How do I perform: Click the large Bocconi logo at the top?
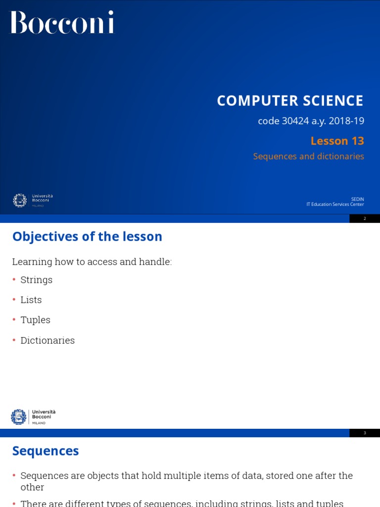pos(62,22)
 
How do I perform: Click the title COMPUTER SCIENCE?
pos(290,101)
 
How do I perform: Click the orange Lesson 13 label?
pos(337,141)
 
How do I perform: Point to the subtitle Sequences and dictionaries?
pos(308,156)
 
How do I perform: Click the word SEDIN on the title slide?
pos(357,199)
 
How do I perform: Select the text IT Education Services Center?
pos(335,204)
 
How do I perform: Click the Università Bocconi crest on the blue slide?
pos(20,200)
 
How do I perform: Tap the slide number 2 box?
pos(365,218)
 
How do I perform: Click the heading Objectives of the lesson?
pos(87,237)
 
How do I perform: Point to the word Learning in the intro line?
pos(31,262)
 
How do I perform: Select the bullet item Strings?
pos(36,280)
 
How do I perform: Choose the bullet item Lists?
pos(31,300)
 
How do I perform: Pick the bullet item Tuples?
pos(35,320)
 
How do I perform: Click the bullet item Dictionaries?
pos(47,341)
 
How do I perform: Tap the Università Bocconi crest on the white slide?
pos(19,417)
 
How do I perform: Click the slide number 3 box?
pos(365,433)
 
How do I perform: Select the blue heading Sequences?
pos(46,451)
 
